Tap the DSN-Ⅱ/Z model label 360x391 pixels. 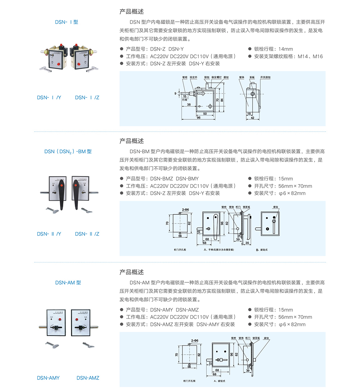coord(87,234)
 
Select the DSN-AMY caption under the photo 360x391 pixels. coord(48,378)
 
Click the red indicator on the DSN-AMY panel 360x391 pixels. coord(59,319)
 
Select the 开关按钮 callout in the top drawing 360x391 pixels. coord(265,77)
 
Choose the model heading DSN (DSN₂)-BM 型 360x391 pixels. coord(68,151)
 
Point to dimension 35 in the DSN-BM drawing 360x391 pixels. coord(247,243)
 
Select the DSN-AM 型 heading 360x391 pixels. coord(68,283)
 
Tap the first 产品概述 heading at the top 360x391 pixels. coord(131,12)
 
